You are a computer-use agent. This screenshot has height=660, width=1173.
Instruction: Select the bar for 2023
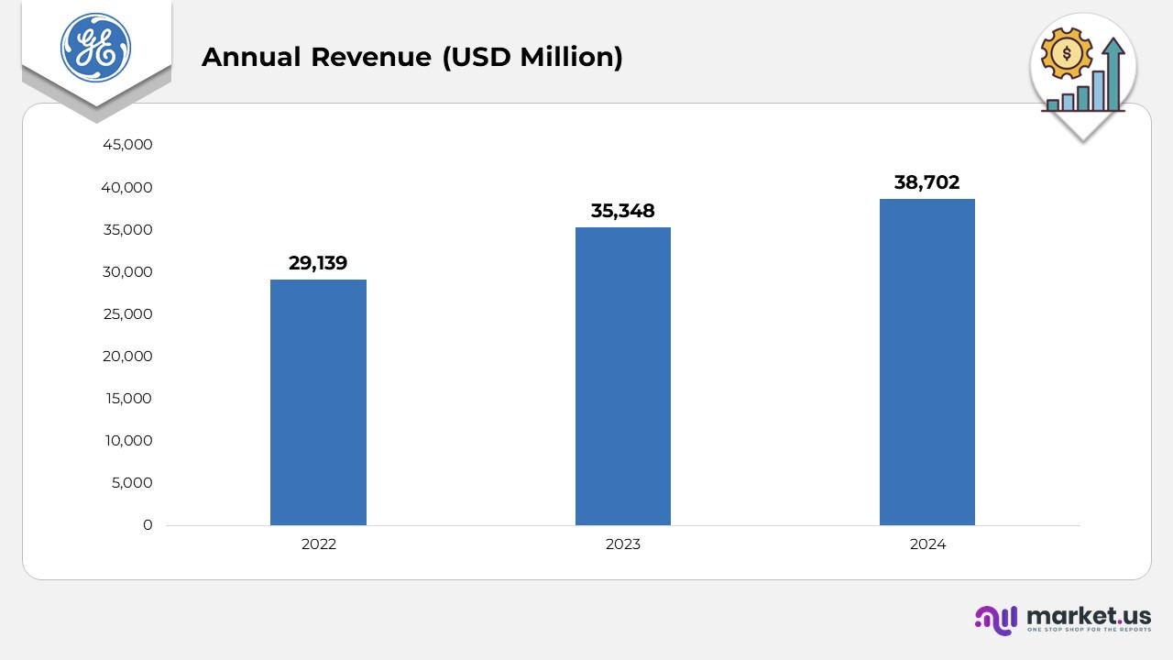[x=623, y=376]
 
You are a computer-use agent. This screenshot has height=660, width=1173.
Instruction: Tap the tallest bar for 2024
[x=927, y=361]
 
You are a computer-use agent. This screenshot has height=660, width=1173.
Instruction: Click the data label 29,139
[x=318, y=263]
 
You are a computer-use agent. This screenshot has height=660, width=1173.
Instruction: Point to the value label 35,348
[x=623, y=211]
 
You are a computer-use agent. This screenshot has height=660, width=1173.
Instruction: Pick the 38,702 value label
[x=927, y=182]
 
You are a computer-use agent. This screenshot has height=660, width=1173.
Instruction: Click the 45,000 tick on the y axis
[x=127, y=145]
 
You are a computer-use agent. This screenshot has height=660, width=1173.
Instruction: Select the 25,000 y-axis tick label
[x=127, y=314]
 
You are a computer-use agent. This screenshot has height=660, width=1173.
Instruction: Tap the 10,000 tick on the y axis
[x=127, y=441]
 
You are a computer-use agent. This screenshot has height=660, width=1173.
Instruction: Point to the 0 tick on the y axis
[x=148, y=525]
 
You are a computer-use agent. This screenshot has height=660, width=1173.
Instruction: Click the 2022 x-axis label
[x=318, y=544]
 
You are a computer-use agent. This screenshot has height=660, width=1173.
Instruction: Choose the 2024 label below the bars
[x=927, y=544]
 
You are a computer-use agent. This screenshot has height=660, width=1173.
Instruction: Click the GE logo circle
[x=95, y=47]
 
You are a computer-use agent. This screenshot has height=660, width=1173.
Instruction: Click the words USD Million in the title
[x=532, y=57]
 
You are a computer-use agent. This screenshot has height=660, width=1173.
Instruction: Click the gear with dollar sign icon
[x=1067, y=53]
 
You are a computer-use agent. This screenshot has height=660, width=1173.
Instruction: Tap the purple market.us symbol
[x=996, y=620]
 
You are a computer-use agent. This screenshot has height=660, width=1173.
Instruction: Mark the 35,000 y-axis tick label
[x=127, y=230]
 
